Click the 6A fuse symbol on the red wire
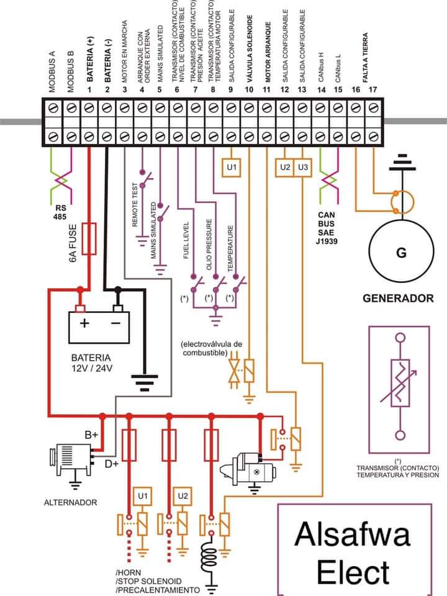point(89,238)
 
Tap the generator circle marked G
point(401,251)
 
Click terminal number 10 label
point(249,89)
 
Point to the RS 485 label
point(60,212)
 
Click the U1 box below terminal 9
point(232,167)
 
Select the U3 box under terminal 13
point(302,167)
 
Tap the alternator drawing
point(71,461)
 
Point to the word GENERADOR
point(398,299)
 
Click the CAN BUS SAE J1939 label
point(327,228)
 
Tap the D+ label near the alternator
point(112,464)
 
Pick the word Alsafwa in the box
point(352,534)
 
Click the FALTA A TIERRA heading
point(365,58)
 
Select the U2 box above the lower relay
point(183,496)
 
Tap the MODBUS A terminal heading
point(52,71)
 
